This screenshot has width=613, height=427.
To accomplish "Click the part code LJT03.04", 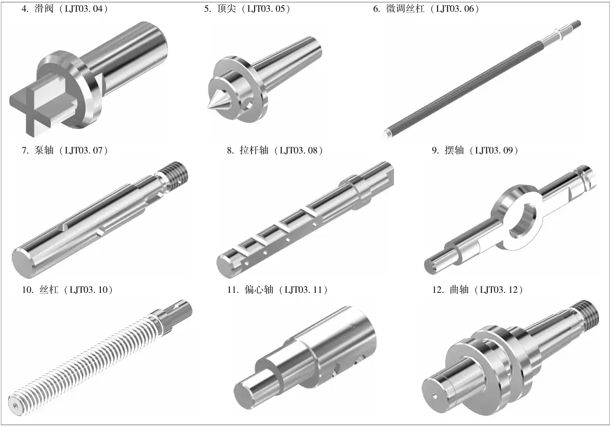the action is tap(84, 9).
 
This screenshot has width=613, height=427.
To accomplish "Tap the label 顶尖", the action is tap(227, 9).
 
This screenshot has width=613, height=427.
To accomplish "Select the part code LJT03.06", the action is tap(455, 9).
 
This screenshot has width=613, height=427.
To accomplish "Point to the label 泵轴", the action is tap(44, 150).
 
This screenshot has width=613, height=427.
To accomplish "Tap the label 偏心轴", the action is tap(259, 290).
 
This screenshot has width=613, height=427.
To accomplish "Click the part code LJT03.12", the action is tap(499, 290).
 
